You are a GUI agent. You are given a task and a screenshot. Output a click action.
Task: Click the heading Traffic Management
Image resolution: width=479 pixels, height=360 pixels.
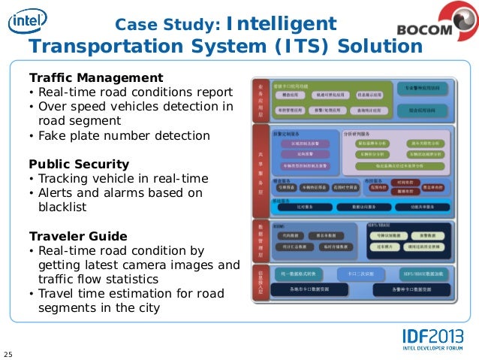pos(95,77)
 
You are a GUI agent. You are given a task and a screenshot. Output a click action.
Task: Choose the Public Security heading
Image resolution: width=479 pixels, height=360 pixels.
pos(79,164)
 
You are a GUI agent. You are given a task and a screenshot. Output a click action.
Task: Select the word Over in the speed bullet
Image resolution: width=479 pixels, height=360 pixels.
pos(53,107)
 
